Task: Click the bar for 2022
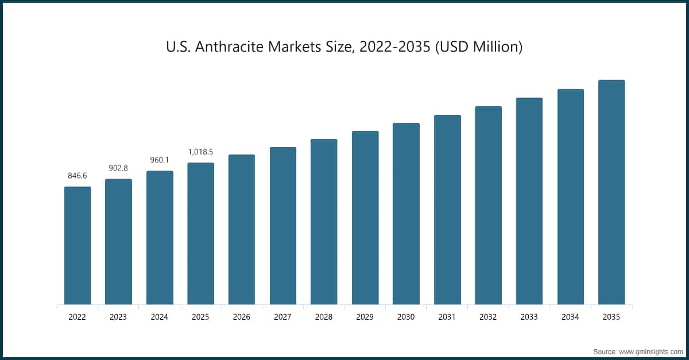(78, 246)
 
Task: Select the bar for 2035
(611, 192)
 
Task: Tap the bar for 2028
(324, 222)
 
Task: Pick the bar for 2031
(447, 210)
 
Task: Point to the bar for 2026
(242, 230)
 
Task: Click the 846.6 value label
(78, 176)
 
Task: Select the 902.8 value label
(118, 168)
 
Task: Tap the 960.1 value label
(160, 160)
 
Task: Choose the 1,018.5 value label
(200, 152)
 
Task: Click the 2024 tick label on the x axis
(160, 317)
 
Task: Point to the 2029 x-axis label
(365, 317)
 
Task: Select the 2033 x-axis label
(529, 317)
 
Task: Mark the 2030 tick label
(406, 317)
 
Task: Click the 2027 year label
(282, 317)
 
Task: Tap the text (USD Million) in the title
(478, 47)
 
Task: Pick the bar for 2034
(571, 197)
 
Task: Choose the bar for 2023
(118, 242)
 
